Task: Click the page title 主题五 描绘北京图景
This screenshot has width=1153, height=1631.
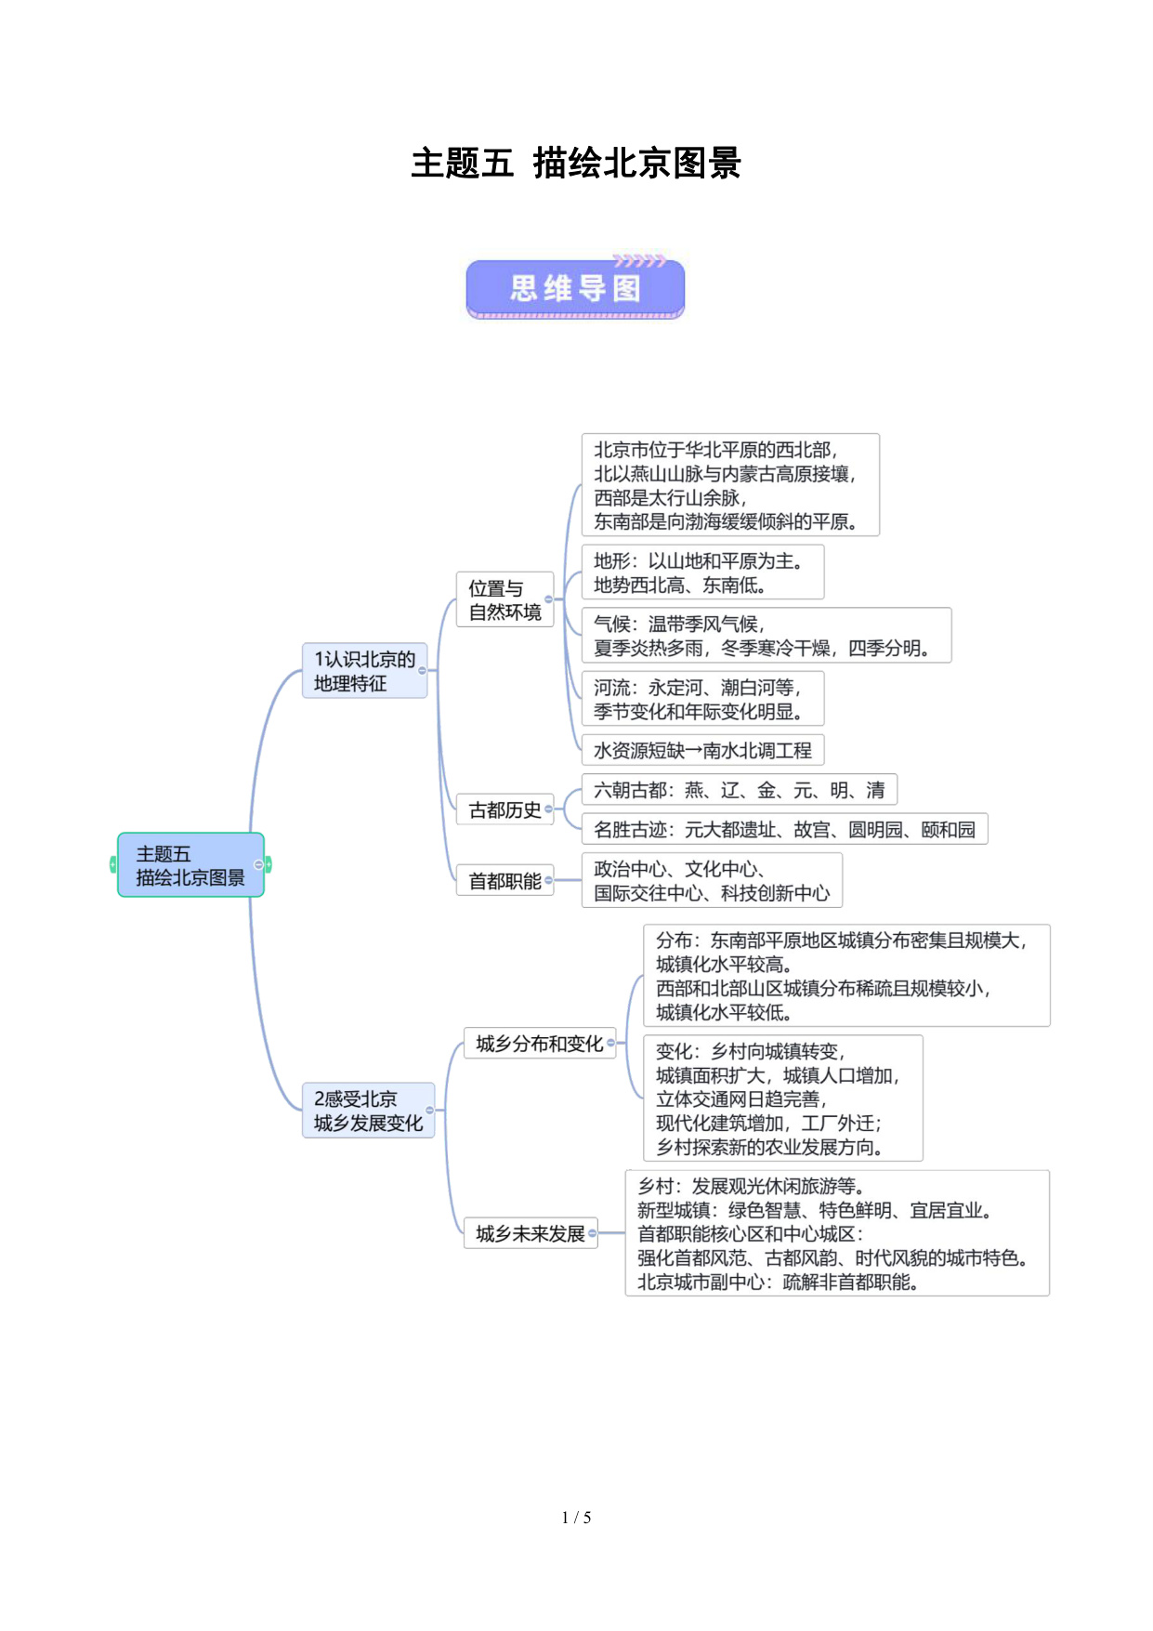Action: click(576, 164)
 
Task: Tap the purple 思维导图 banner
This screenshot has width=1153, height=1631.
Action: click(575, 289)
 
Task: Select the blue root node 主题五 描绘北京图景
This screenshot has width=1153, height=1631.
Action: click(190, 865)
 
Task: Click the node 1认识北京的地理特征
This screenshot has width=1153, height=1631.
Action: click(364, 671)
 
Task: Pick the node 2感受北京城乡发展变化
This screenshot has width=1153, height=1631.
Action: click(368, 1111)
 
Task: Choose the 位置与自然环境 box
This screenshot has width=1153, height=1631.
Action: click(504, 599)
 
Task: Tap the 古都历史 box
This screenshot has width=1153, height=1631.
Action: click(504, 809)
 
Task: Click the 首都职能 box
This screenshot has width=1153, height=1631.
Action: click(504, 880)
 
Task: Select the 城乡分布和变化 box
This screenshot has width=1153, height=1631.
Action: click(539, 1044)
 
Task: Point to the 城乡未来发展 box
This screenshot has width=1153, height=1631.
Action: click(530, 1233)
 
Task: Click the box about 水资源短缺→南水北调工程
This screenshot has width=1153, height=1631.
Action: click(702, 750)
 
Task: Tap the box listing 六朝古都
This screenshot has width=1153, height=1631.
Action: click(739, 790)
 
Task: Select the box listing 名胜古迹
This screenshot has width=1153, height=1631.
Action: click(784, 829)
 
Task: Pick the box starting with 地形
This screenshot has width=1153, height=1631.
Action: click(702, 572)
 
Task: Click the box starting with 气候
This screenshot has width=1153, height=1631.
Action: click(766, 636)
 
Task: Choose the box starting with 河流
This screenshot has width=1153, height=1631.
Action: click(702, 699)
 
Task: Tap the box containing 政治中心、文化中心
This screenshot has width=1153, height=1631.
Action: click(712, 880)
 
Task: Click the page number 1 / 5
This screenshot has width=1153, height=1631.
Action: click(576, 1518)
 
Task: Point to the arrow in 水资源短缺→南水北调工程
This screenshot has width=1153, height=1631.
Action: click(693, 751)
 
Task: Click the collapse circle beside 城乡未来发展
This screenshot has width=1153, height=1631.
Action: click(593, 1234)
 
